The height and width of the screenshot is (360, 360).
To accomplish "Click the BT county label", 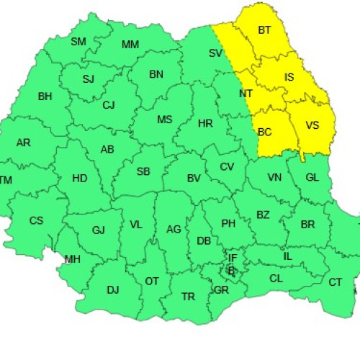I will point(264,30).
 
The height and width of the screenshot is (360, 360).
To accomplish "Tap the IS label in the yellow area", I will point(289,77).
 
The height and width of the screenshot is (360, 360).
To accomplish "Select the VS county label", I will point(312,125).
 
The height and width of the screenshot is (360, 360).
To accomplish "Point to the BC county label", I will point(265,132).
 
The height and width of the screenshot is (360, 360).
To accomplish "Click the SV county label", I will point(216,53).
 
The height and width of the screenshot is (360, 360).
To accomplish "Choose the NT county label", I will point(246,94).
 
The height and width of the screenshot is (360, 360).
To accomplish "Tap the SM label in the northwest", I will point(78,41).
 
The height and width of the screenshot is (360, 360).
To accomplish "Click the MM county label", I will point(130,45).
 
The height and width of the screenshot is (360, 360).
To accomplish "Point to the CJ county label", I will point(109,105).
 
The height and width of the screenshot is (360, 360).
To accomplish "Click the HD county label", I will point(80,178).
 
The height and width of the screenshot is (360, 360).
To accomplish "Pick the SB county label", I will point(143,171).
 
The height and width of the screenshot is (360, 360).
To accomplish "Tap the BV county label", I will point(193,178).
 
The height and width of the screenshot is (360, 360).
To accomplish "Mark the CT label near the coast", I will point(336,282).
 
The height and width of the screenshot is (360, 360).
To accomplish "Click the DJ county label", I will point(113,290).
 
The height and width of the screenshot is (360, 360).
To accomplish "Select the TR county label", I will point(188,296).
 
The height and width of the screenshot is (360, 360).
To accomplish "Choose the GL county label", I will point(312,178).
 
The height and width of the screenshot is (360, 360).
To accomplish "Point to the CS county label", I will point(36,220).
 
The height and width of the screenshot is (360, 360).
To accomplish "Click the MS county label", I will point(165,120).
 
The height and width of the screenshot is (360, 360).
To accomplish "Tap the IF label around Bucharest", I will point(233,258).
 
